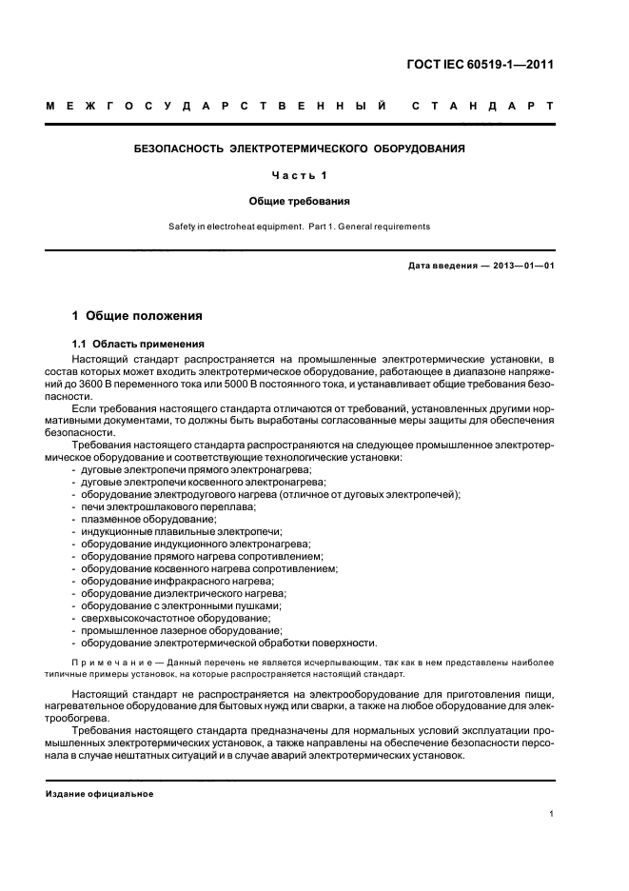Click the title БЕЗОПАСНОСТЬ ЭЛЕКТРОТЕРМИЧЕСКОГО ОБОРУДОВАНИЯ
[x=300, y=149]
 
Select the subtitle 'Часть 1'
[x=300, y=176]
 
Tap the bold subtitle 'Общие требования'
[x=300, y=201]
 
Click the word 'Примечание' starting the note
[x=108, y=662]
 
